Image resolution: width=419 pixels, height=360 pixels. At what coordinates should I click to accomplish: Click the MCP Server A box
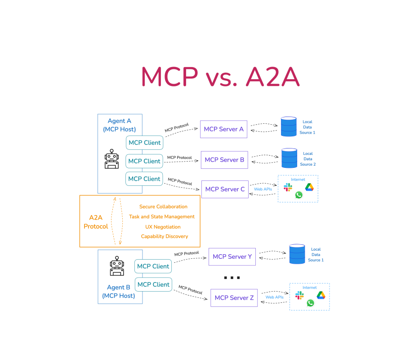(224, 129)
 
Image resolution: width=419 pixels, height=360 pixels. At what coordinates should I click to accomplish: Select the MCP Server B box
(224, 160)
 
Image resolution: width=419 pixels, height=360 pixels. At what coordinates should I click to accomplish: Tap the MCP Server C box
(225, 189)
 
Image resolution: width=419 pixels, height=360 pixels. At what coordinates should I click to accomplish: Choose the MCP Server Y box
(232, 257)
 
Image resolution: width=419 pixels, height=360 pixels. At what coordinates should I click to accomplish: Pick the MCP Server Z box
(234, 298)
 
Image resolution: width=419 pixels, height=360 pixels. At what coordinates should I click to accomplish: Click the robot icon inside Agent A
(111, 159)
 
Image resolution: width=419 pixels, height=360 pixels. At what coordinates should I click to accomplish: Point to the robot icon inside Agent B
(117, 266)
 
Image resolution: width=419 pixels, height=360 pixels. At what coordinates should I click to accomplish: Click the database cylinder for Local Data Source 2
(290, 158)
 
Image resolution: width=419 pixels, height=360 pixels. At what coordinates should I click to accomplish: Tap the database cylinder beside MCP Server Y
(297, 254)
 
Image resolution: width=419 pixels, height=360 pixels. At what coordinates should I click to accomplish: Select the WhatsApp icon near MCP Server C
(299, 195)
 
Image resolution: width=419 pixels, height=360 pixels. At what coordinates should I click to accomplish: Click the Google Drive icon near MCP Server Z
(321, 295)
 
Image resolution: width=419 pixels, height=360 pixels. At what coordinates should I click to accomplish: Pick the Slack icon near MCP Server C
(288, 187)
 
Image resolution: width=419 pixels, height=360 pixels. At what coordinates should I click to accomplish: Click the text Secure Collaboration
(163, 207)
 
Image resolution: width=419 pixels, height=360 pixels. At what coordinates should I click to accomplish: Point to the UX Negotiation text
(163, 227)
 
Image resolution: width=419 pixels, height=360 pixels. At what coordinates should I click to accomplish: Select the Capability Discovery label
(165, 236)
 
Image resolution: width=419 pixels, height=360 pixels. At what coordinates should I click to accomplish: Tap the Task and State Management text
(162, 216)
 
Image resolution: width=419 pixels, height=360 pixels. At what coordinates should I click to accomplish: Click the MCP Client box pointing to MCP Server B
(144, 161)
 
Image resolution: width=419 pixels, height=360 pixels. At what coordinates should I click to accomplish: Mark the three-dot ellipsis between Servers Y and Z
(232, 278)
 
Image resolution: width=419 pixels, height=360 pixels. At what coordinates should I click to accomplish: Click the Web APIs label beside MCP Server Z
(274, 297)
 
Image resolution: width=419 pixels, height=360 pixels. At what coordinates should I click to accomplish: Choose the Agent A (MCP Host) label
(120, 125)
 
